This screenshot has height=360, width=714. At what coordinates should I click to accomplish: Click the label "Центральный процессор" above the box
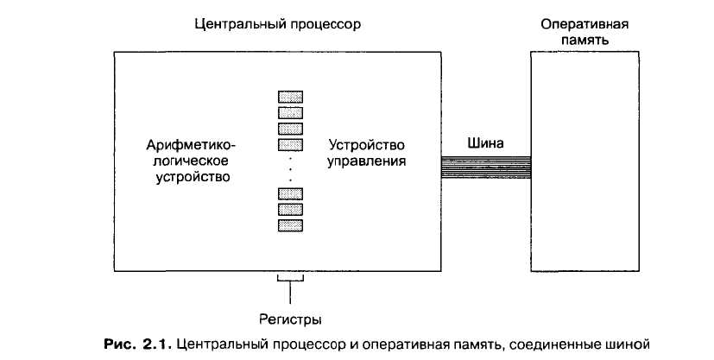(x=276, y=23)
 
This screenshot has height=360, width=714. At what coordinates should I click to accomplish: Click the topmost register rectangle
(x=291, y=97)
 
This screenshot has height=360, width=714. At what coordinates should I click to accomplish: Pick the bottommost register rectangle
(x=291, y=224)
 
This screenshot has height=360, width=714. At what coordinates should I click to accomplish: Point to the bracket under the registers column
(x=291, y=278)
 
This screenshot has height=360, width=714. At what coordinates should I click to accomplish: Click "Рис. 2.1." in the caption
(x=133, y=345)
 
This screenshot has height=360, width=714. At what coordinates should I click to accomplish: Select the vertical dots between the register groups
(x=291, y=169)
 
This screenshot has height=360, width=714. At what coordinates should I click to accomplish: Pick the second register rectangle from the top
(x=291, y=112)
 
